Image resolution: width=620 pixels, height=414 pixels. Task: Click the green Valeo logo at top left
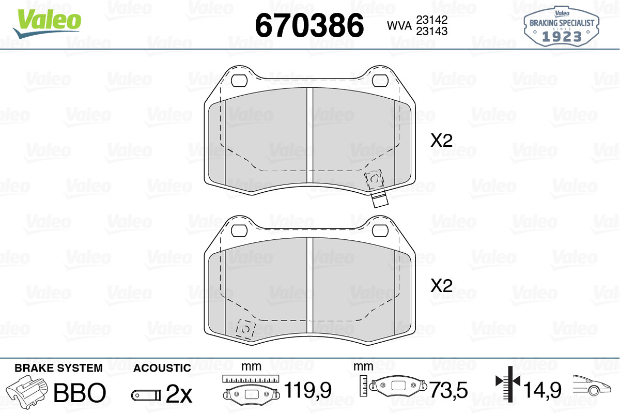click(47, 24)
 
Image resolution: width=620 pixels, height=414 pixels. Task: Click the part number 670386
click(309, 25)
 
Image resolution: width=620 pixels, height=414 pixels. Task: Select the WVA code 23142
click(432, 20)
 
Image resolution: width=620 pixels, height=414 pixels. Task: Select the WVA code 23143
click(432, 32)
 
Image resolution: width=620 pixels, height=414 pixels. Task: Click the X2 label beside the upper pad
click(441, 141)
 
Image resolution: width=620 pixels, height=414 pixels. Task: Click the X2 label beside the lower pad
click(441, 285)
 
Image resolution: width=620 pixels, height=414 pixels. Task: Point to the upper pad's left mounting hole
click(239, 81)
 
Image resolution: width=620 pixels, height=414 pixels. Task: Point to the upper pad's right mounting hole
click(380, 81)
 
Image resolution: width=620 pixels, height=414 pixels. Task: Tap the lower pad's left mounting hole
click(239, 231)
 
